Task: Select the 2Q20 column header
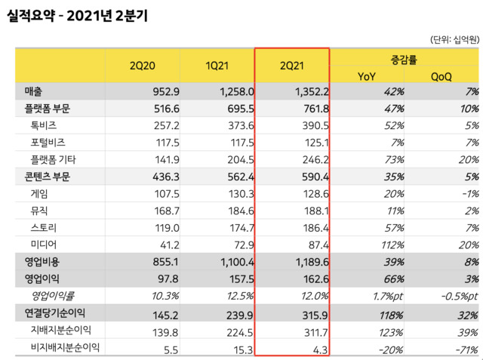pyautogui.click(x=141, y=66)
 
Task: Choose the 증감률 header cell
pyautogui.click(x=405, y=57)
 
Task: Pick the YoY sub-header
pyautogui.click(x=367, y=75)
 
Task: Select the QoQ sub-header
pyautogui.click(x=442, y=75)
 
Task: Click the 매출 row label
pyautogui.click(x=35, y=91)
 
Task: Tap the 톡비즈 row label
pyautogui.click(x=44, y=125)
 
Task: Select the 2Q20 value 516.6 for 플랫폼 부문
pyautogui.click(x=161, y=109)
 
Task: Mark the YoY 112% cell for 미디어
pyautogui.click(x=384, y=245)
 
